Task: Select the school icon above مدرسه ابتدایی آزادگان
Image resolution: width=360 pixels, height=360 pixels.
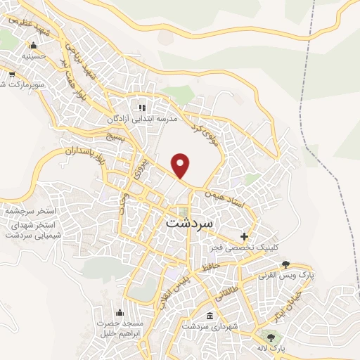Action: pos(142,108)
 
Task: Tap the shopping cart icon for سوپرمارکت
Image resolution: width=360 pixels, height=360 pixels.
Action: pos(11,74)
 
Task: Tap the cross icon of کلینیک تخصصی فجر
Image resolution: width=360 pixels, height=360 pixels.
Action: pos(244,236)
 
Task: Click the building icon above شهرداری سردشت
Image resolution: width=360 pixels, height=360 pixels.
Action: pos(211,315)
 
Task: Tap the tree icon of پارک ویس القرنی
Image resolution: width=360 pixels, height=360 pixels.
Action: pos(285,264)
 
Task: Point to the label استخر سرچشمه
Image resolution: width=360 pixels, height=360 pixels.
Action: pos(30,211)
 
